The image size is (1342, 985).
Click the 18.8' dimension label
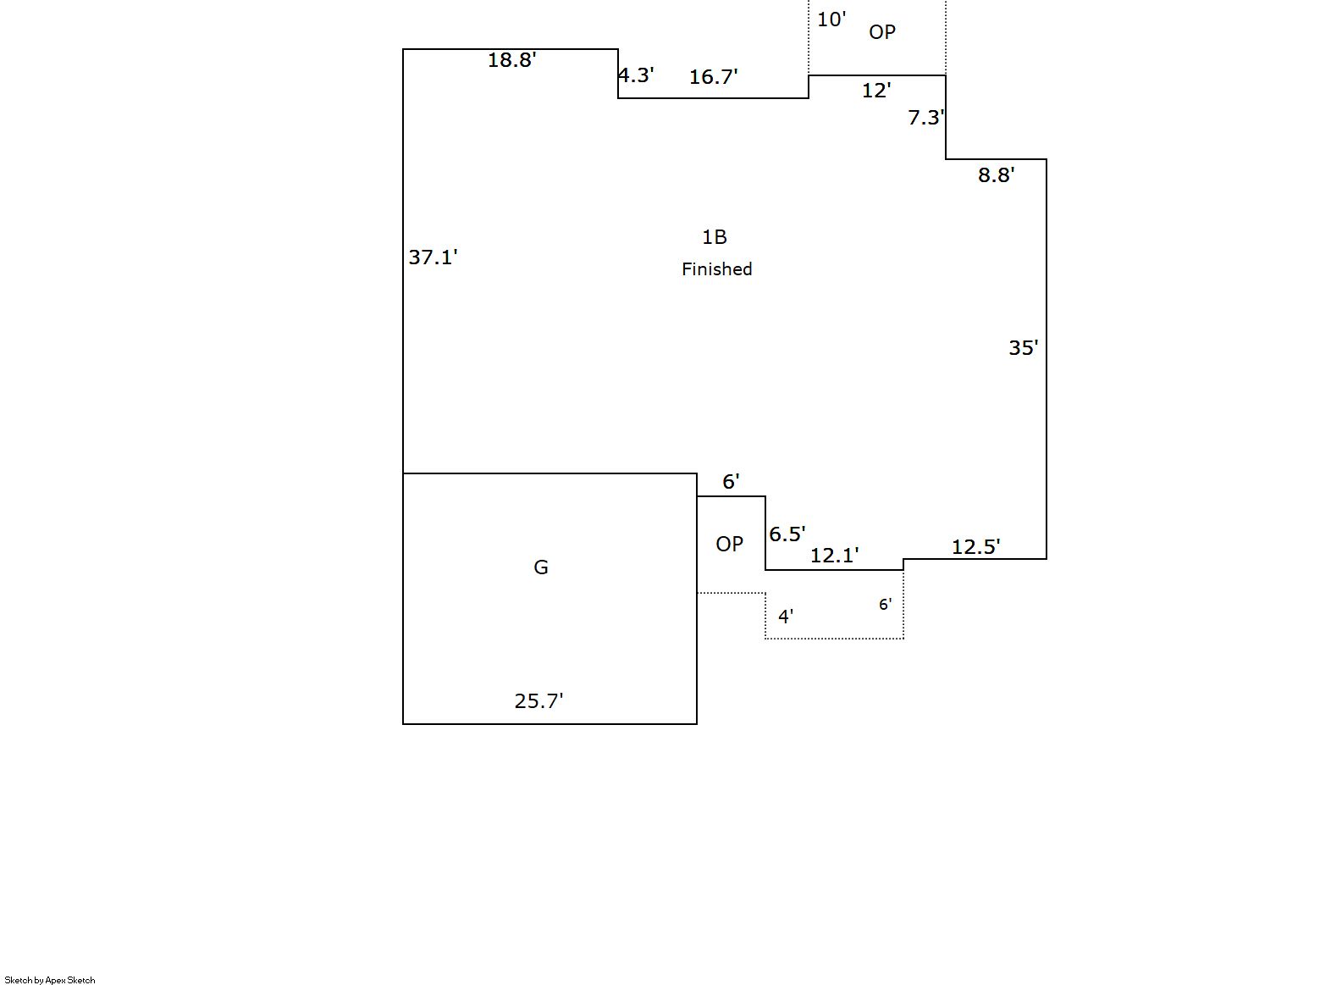(x=511, y=60)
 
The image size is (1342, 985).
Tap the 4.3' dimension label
(x=635, y=75)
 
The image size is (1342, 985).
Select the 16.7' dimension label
(x=713, y=77)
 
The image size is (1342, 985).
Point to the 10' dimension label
(x=831, y=19)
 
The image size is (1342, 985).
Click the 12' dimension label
(x=875, y=91)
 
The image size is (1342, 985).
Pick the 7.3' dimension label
(x=925, y=118)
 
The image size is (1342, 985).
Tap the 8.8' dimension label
(x=996, y=175)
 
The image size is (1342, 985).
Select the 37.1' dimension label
(x=433, y=257)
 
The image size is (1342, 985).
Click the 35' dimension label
(x=1023, y=348)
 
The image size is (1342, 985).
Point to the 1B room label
(x=714, y=237)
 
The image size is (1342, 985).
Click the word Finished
(x=716, y=269)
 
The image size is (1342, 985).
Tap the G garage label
(x=540, y=567)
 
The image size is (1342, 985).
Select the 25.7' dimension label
(x=538, y=701)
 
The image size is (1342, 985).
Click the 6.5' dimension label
(x=787, y=534)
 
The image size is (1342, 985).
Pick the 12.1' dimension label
(x=834, y=556)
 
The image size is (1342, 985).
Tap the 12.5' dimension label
(x=975, y=547)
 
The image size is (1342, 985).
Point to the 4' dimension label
(x=785, y=617)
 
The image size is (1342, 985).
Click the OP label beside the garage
(x=729, y=544)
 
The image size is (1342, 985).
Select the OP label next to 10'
(x=881, y=32)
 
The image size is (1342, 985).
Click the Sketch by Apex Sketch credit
(x=50, y=980)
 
